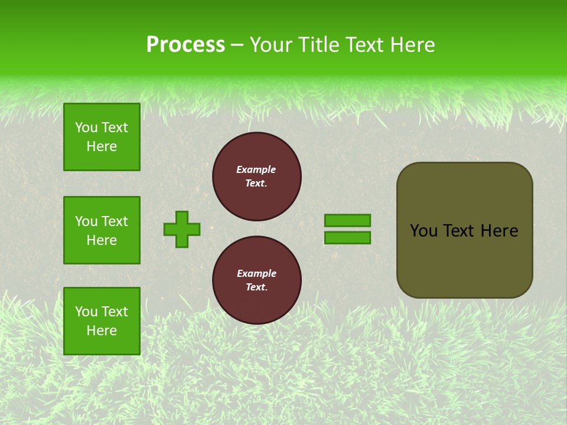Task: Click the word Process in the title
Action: click(185, 45)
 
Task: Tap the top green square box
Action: click(102, 137)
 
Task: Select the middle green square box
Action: click(102, 230)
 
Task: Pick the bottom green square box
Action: click(102, 321)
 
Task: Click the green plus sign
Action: click(182, 229)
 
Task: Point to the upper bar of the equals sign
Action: click(347, 221)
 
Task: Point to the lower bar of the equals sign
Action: click(347, 238)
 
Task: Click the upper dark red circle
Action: click(257, 176)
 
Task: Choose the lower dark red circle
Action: click(257, 280)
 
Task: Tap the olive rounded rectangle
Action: click(464, 230)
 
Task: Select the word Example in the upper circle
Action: click(256, 169)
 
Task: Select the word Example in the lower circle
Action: click(256, 273)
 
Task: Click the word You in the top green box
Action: click(86, 127)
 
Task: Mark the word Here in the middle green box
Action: click(102, 240)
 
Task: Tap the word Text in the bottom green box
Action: click(114, 312)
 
